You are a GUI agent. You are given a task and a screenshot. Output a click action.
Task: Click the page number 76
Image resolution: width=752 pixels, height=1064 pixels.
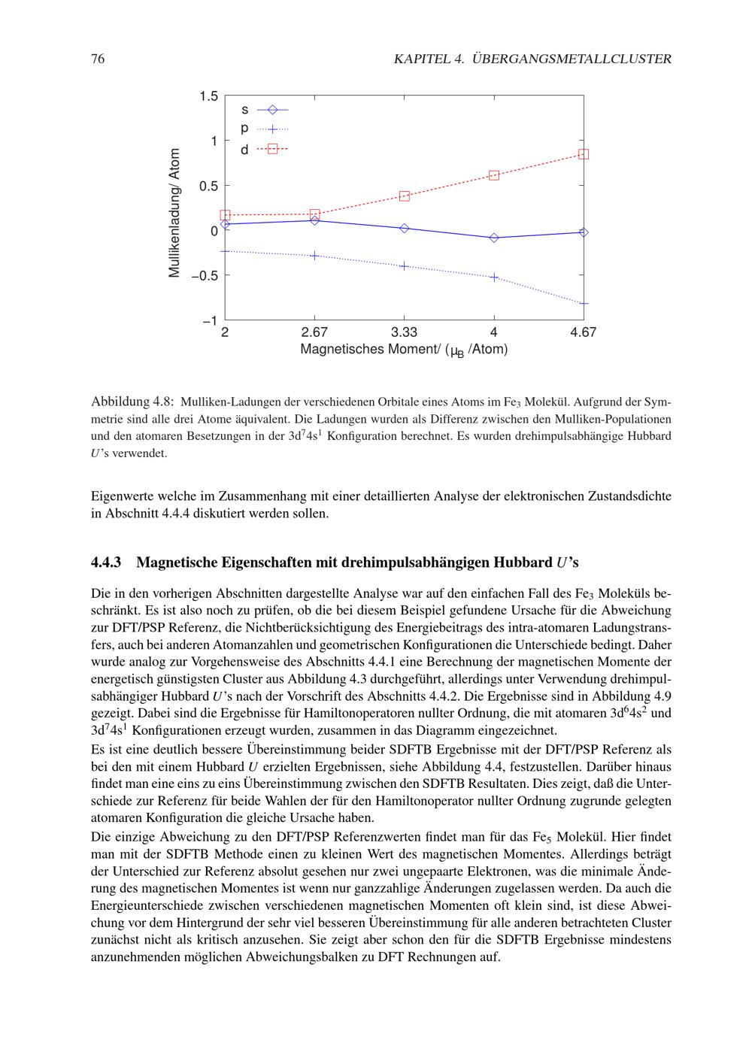click(x=97, y=59)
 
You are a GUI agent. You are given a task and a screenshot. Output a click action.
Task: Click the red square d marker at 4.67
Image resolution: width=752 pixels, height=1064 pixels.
click(x=584, y=154)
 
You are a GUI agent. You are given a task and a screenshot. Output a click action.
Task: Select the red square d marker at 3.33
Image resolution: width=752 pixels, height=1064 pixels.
click(x=405, y=196)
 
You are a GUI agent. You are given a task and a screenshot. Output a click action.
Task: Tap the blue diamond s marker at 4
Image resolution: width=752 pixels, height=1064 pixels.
click(x=494, y=238)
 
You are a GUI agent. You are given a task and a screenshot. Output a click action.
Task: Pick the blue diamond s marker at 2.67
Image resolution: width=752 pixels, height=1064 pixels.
click(x=314, y=220)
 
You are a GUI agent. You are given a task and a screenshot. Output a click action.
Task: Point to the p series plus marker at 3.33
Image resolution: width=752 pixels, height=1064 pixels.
click(x=405, y=265)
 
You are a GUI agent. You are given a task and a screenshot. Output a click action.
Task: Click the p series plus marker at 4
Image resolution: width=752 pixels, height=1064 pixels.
click(x=494, y=277)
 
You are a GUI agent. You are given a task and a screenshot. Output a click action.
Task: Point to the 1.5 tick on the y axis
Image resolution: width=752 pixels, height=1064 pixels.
click(x=209, y=96)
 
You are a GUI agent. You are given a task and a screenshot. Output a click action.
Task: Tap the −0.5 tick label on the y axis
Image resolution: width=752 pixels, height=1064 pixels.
click(x=204, y=275)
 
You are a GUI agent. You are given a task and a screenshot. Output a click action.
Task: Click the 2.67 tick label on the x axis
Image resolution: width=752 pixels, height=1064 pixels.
click(x=314, y=332)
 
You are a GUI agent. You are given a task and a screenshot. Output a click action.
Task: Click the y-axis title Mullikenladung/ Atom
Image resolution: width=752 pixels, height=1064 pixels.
click(x=175, y=213)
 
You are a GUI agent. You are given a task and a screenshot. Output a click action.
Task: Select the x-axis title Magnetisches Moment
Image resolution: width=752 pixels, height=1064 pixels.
click(x=404, y=350)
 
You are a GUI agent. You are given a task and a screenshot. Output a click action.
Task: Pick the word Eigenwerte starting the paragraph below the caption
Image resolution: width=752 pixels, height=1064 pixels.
click(x=120, y=496)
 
